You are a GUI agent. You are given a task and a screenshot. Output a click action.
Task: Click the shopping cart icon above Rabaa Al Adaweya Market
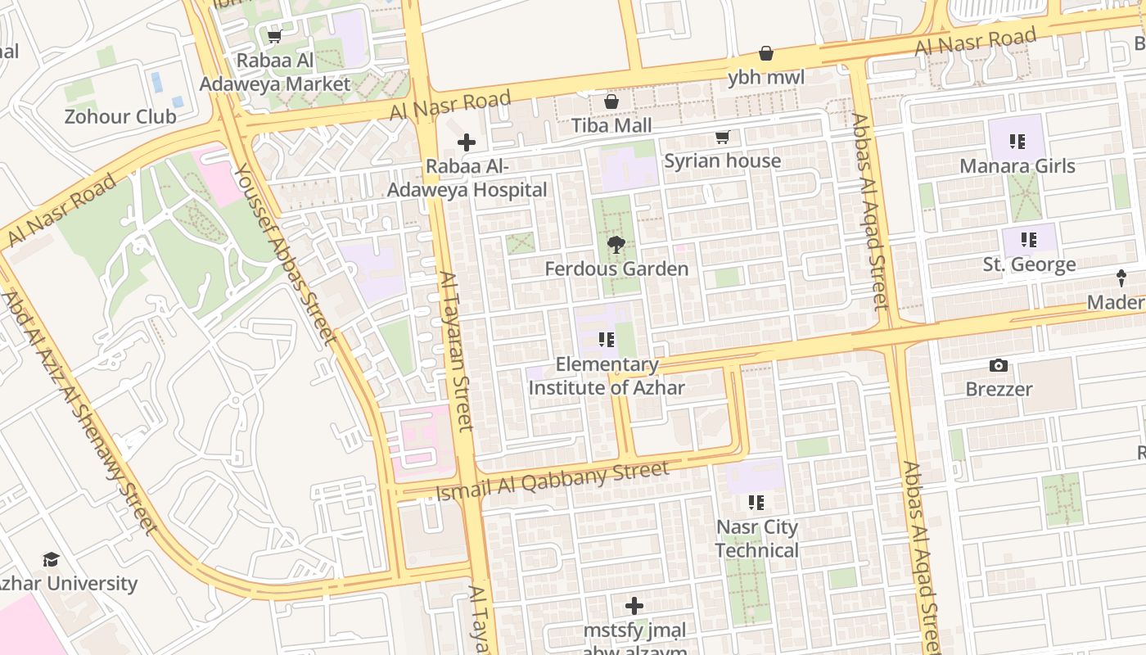275,37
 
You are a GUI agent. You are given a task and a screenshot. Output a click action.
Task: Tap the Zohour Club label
120,116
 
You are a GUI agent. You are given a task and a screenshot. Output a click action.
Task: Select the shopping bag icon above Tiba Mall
611,102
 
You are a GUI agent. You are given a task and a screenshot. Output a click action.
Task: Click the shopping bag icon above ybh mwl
766,53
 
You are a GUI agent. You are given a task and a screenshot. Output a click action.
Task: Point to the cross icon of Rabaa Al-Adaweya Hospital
467,142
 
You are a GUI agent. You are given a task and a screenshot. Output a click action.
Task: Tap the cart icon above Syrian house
722,137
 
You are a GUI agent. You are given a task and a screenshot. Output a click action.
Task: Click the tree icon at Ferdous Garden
616,244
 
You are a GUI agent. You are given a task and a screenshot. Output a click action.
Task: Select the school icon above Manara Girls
1017,142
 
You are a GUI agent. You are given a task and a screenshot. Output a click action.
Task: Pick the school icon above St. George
1029,240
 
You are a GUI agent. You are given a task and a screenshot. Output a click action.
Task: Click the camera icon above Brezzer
998,365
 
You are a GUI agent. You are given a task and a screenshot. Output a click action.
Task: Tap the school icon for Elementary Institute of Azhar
607,339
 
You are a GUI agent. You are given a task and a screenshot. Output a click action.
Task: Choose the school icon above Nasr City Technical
756,502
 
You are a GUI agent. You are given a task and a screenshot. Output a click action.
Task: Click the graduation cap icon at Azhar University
51,559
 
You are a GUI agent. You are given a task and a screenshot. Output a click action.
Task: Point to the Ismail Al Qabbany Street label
553,481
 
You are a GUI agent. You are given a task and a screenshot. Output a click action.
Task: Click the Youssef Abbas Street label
285,254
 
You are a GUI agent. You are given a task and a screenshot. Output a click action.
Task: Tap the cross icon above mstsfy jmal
634,606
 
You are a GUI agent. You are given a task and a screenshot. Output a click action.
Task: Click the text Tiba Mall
611,125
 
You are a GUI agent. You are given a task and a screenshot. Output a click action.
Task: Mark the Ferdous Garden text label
616,269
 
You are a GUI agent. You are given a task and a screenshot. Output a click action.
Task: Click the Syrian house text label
722,160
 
